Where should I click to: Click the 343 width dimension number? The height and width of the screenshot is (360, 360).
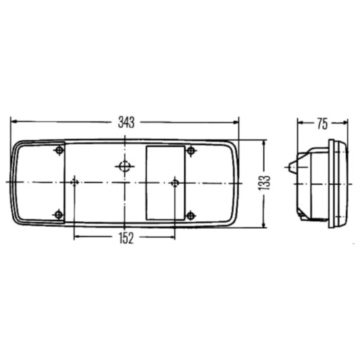point(126,123)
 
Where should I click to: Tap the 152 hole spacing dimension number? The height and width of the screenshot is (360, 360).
point(126,238)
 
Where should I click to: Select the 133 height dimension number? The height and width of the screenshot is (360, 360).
point(264,183)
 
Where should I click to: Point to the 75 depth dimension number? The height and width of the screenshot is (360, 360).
point(323,124)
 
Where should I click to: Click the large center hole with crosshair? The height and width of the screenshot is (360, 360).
point(125,166)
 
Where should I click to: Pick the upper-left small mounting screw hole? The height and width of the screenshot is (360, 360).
point(60,150)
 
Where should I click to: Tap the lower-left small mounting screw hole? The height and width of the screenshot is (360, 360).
point(59,215)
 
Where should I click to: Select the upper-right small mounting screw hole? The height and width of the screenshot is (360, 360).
point(191,151)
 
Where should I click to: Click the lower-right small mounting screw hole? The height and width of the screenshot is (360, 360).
point(190,216)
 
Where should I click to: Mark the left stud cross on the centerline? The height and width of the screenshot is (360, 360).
point(74,183)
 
